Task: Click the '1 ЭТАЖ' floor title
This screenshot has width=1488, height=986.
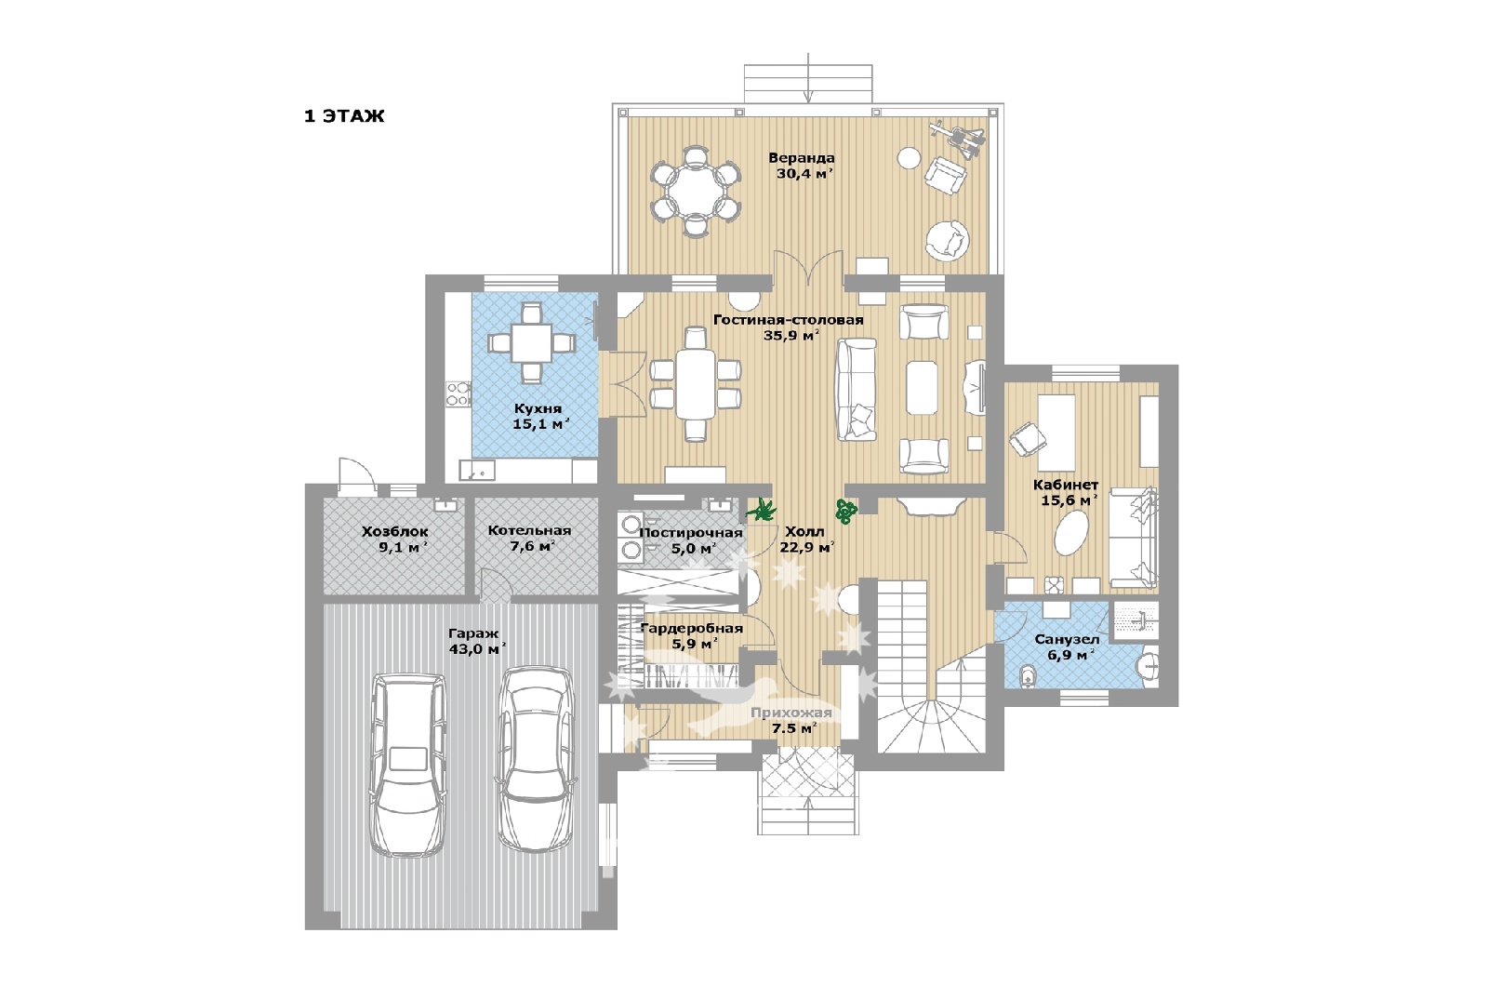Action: [x=344, y=116]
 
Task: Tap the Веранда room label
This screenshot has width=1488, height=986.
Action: [x=801, y=158]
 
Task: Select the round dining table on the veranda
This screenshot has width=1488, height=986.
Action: [x=695, y=190]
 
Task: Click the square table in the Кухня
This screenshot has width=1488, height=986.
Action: [x=531, y=342]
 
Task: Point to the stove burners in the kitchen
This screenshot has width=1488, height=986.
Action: [x=458, y=393]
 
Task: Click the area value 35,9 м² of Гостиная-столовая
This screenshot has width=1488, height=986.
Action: [x=790, y=336]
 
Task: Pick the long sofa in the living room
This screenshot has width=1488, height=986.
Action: [x=857, y=389]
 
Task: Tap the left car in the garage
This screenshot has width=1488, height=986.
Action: [x=408, y=764]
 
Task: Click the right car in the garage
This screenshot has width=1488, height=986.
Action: [x=535, y=759]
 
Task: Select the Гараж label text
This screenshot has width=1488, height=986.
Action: [x=473, y=633]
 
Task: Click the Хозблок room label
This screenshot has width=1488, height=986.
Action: [x=394, y=532]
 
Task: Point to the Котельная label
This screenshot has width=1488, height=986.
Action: [x=529, y=530]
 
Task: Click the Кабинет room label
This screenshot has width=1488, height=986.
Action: [x=1066, y=485]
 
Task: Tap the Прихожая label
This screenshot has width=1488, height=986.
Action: [x=791, y=713]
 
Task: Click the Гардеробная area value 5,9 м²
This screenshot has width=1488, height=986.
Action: [x=691, y=645]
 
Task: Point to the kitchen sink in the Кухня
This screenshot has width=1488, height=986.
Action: [x=477, y=471]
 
